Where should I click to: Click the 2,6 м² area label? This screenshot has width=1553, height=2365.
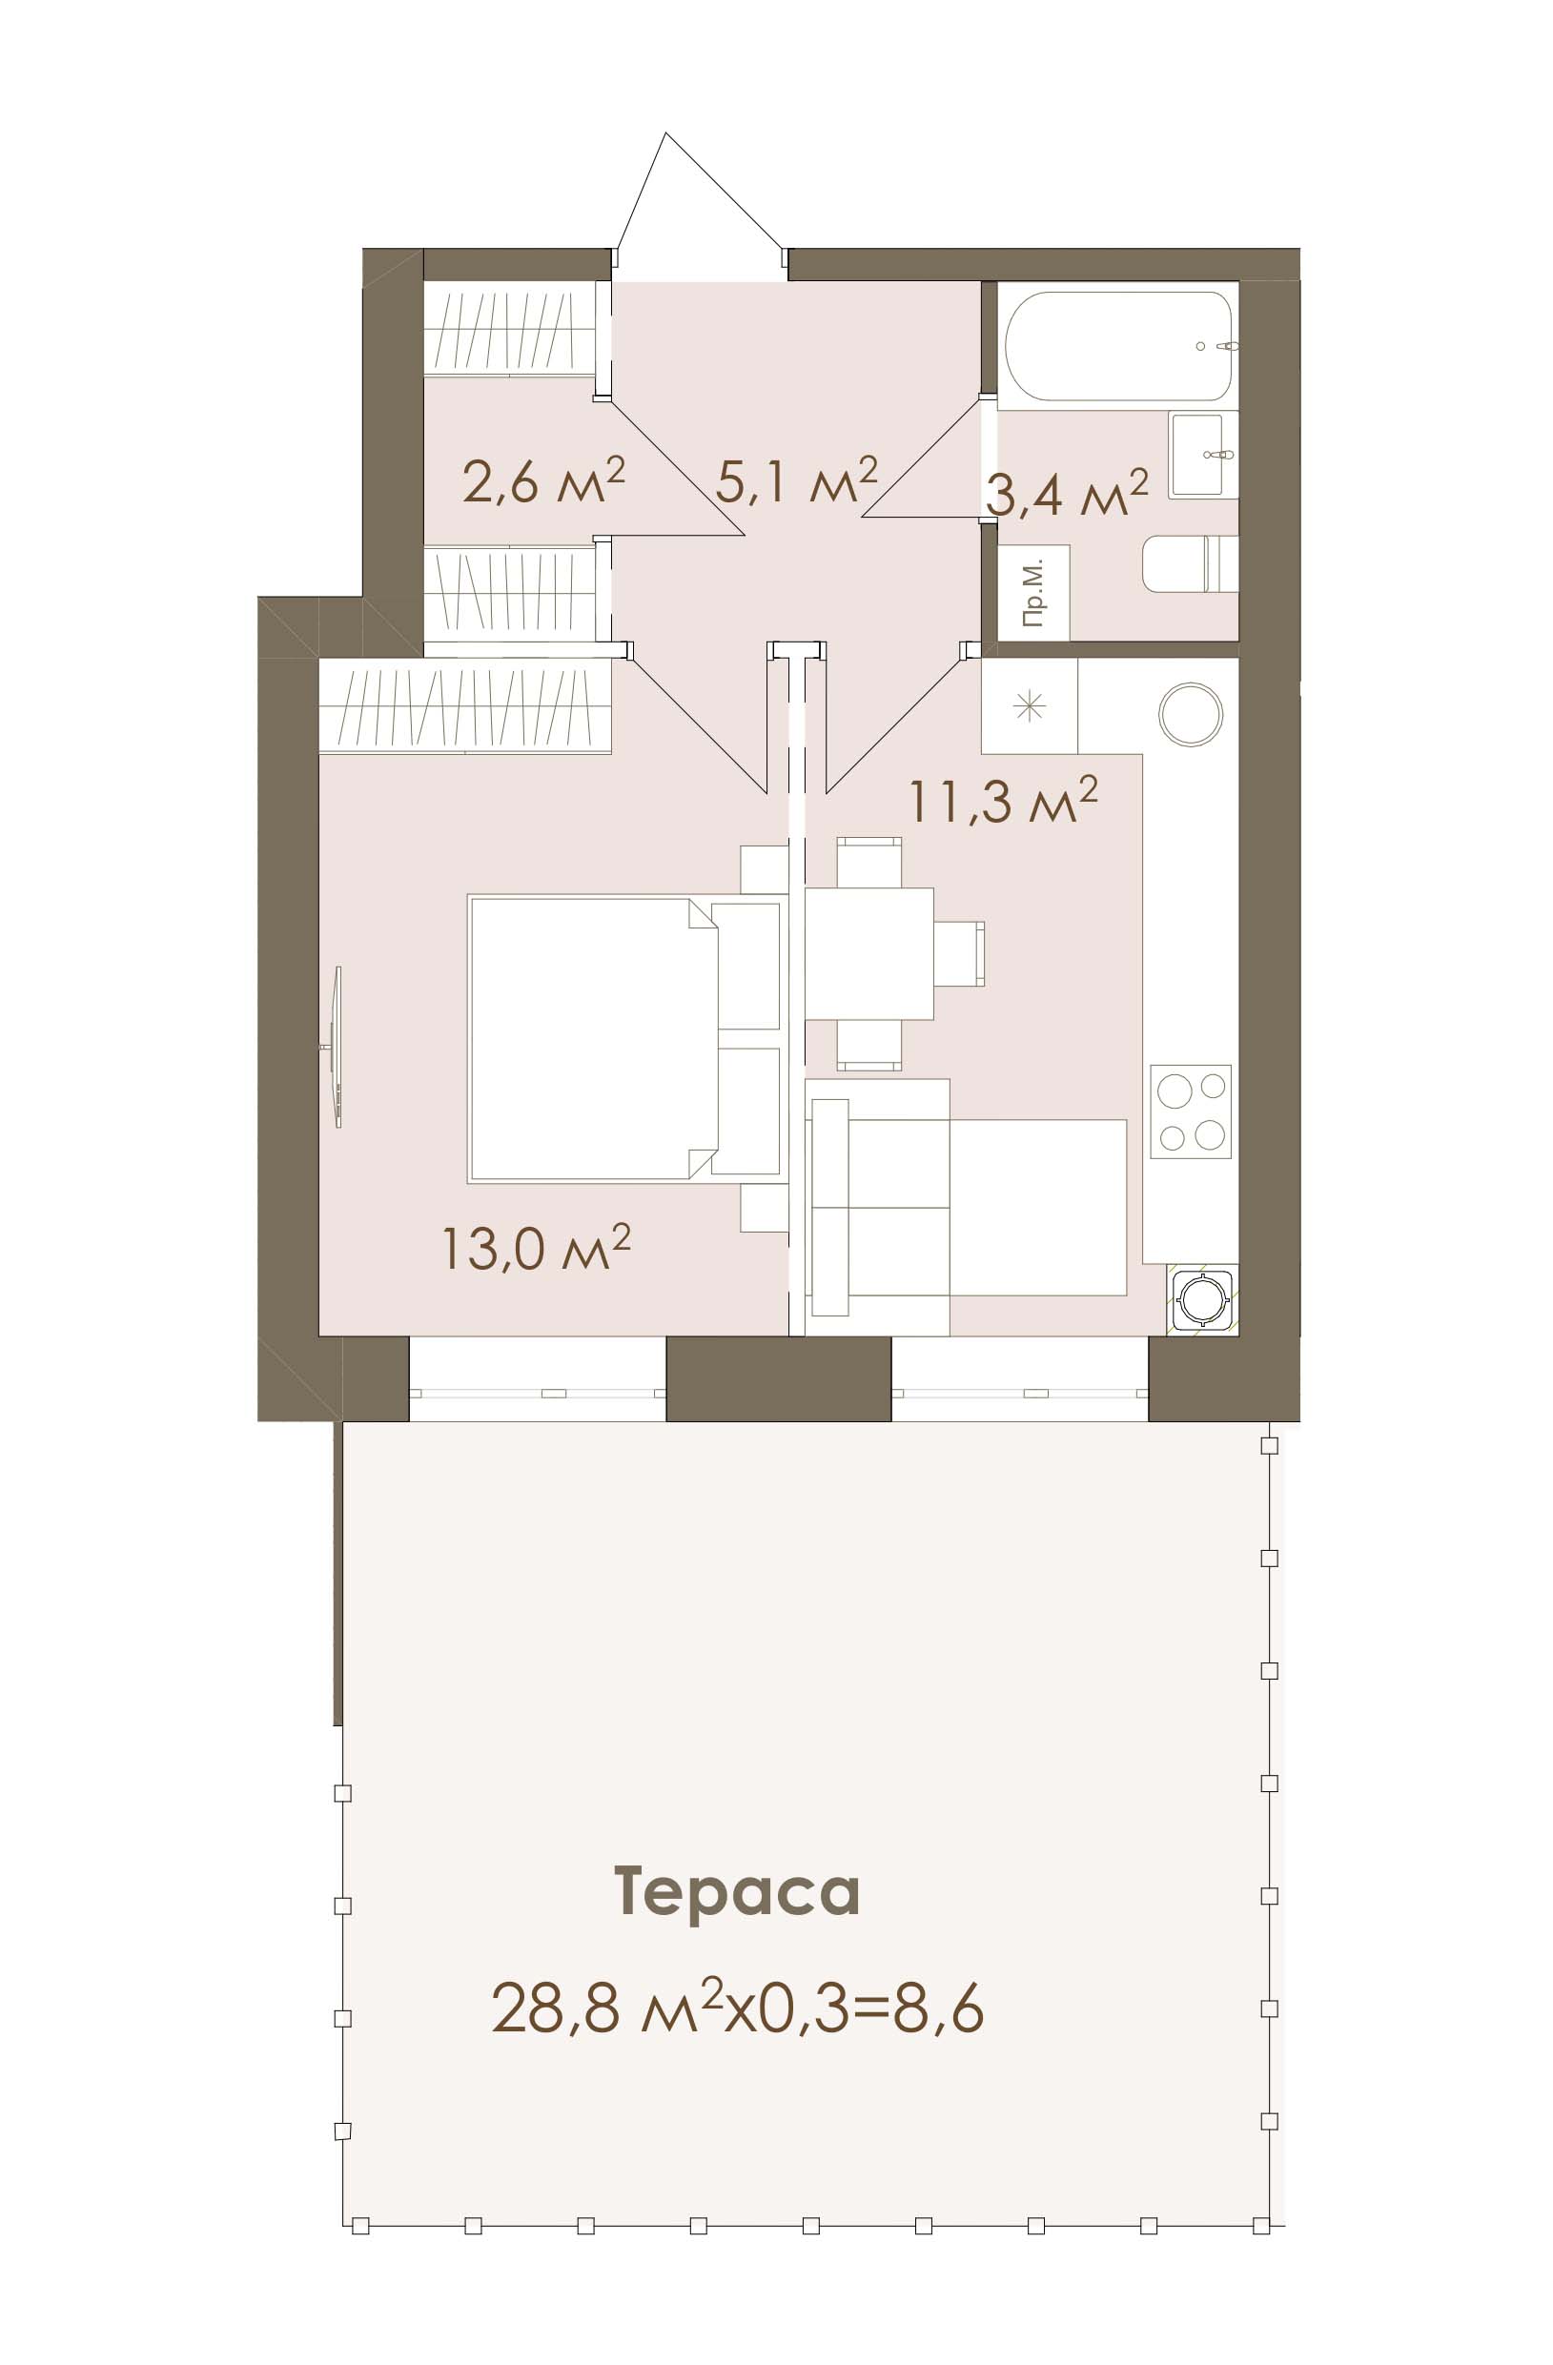[x=543, y=481]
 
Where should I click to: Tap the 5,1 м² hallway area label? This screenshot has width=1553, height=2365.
[x=797, y=481]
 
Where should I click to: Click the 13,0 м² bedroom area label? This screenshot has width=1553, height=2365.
[x=538, y=1246]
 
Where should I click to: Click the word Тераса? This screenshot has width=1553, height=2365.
[x=737, y=1892]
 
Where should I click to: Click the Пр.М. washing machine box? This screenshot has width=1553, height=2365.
[x=1033, y=592]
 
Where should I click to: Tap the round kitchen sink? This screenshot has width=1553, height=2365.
[x=1191, y=713]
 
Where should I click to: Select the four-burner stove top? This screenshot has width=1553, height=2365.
[x=1191, y=1111]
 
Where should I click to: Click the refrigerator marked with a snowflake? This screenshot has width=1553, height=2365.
[x=1030, y=705]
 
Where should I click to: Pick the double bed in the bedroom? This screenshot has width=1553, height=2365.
[x=624, y=1039]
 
